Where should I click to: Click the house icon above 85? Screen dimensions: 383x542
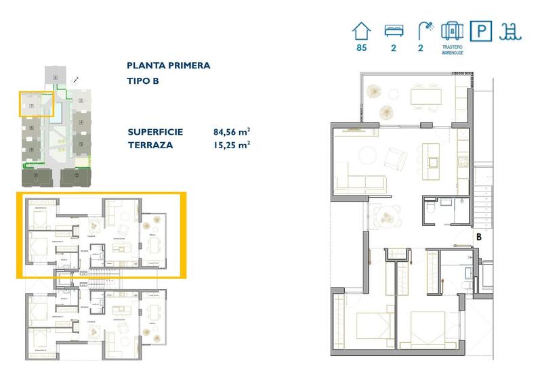(x=362, y=31)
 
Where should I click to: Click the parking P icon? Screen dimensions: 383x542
(x=482, y=31)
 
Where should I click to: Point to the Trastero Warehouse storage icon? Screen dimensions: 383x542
(x=452, y=31)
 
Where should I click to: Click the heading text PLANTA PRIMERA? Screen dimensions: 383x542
(x=168, y=66)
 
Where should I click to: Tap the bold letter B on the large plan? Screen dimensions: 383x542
(x=478, y=237)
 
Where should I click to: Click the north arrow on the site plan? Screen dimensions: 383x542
(x=75, y=80)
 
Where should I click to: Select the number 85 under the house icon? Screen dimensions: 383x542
(x=362, y=47)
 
